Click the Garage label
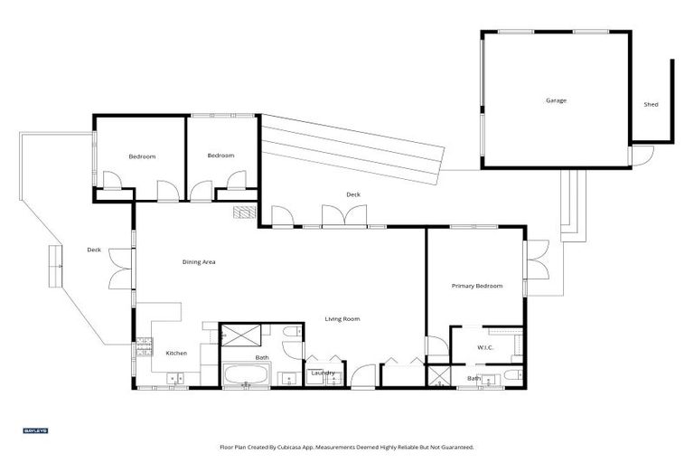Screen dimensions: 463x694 (556, 100)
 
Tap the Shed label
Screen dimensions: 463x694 (651, 105)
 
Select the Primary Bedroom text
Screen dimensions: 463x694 (476, 286)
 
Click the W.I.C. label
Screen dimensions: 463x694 (484, 347)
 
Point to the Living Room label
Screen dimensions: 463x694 (343, 318)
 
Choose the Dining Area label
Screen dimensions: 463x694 (199, 262)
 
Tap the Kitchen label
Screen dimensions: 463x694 (175, 353)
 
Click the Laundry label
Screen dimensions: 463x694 (323, 373)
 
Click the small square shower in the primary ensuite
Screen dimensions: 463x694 (439, 376)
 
